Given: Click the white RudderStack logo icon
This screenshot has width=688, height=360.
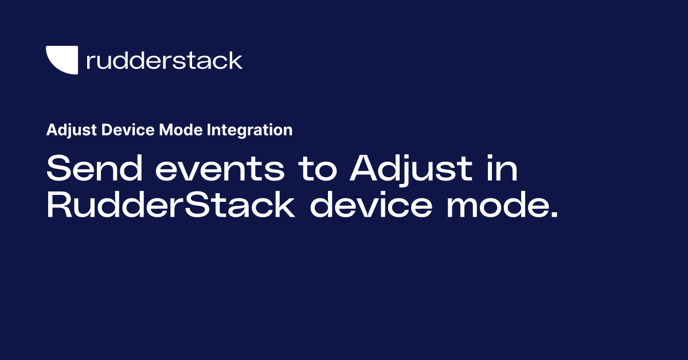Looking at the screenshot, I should pyautogui.click(x=61, y=60).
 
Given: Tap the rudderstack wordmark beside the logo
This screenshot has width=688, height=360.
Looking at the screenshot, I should pyautogui.click(x=164, y=60).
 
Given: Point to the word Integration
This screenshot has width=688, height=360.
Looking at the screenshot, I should pyautogui.click(x=249, y=131).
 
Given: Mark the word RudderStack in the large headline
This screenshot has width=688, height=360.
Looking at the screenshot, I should pyautogui.click(x=170, y=206).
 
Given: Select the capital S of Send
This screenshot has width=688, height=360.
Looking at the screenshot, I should pyautogui.click(x=59, y=169).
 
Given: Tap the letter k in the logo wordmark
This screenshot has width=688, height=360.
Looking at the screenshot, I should pyautogui.click(x=235, y=60).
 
